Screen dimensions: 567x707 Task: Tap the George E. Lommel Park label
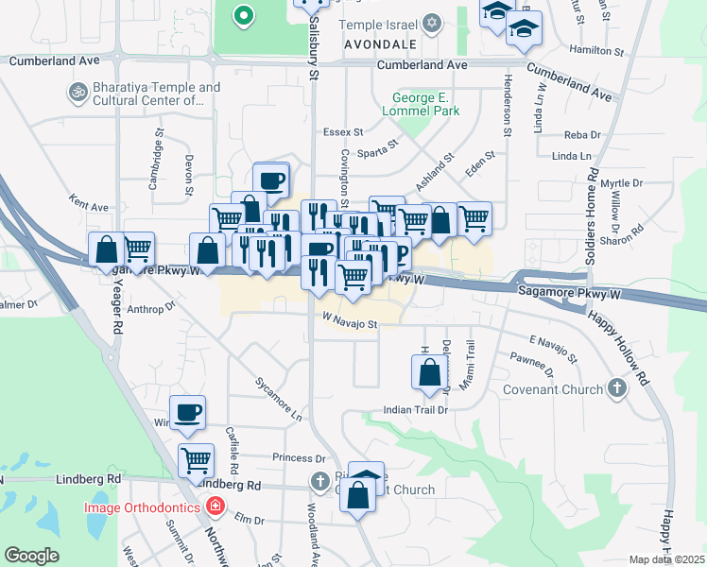point(427,103)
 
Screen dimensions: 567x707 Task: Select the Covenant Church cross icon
point(616,388)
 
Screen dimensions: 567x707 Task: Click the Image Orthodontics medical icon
point(216,507)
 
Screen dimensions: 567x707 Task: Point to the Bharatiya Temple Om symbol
point(74,93)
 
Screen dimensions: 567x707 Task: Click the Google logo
point(31,555)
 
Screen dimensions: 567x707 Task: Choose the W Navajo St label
point(349,324)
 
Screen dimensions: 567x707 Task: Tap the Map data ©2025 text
point(667,559)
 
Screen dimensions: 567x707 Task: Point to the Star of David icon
point(432,22)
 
